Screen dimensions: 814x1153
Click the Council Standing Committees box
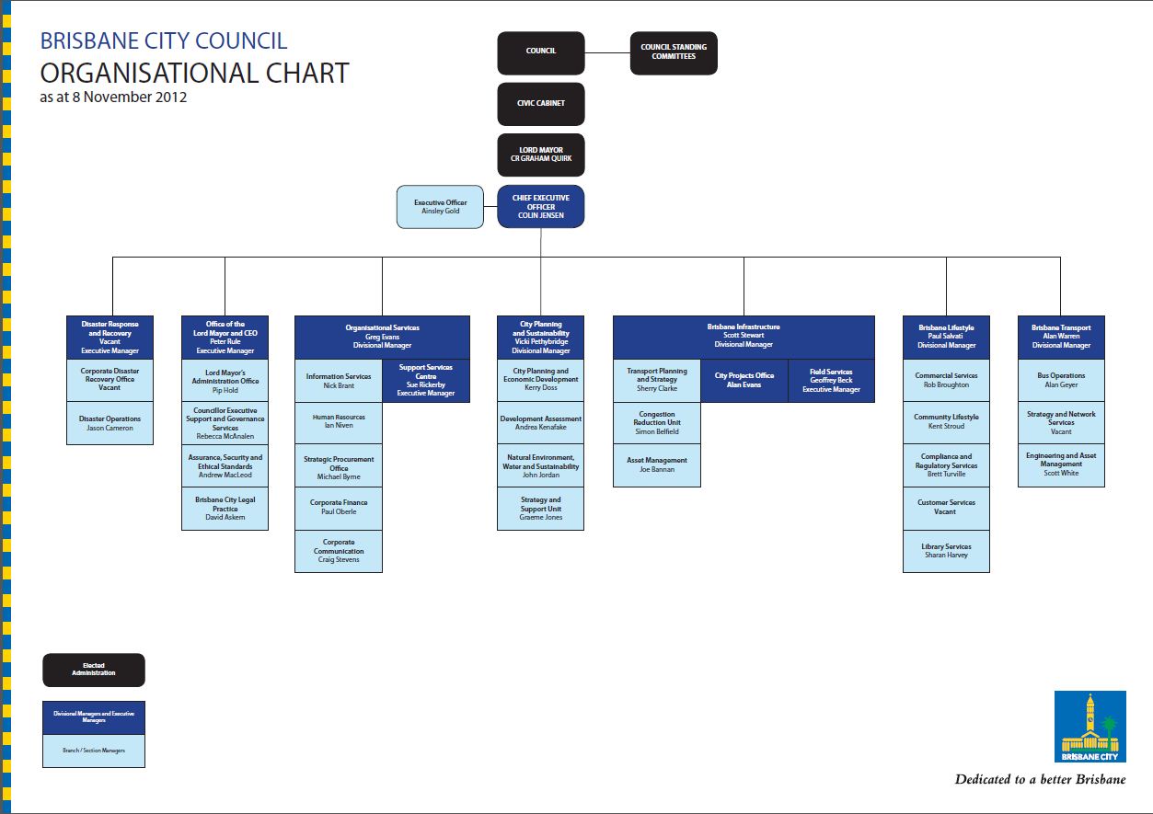click(674, 52)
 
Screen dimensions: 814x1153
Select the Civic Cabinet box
click(541, 104)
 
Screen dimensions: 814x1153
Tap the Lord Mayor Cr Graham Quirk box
click(541, 155)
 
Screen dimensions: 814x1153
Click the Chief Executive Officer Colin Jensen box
click(541, 207)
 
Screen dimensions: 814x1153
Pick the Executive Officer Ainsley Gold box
click(441, 207)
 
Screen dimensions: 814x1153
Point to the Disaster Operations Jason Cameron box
click(110, 423)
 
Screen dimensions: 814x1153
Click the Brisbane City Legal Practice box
click(225, 509)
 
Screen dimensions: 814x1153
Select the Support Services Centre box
click(426, 380)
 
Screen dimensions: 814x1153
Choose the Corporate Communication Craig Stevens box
click(339, 551)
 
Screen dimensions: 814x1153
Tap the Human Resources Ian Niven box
click(339, 421)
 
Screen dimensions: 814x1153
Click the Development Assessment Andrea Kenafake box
click(540, 422)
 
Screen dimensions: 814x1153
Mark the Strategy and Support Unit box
click(540, 509)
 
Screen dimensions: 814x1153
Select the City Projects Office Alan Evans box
click(744, 380)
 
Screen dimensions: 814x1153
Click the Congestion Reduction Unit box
click(657, 422)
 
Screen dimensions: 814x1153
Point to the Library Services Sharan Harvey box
click(946, 551)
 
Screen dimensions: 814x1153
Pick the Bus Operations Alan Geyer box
click(1061, 380)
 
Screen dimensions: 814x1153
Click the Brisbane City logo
click(1090, 728)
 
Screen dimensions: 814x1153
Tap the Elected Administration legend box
click(94, 670)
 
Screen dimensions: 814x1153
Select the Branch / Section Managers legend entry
click(94, 751)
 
